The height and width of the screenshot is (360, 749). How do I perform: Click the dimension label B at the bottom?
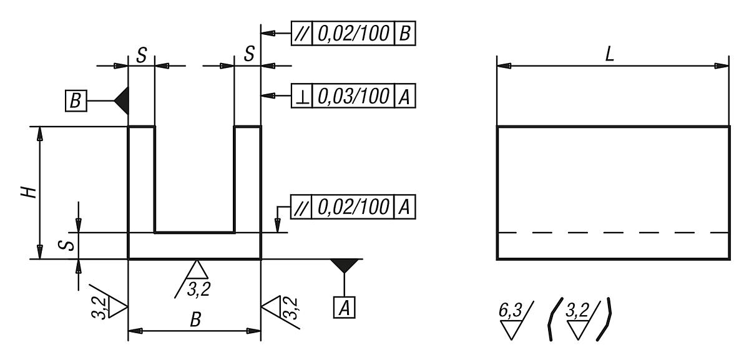(195, 320)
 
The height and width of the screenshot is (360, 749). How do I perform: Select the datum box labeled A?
(345, 307)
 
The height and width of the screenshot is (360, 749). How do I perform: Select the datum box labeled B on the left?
(75, 100)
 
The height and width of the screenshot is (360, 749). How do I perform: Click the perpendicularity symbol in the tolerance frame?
(301, 96)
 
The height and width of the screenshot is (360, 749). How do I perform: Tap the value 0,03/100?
(353, 96)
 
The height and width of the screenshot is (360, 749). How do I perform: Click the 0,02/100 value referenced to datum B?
(353, 33)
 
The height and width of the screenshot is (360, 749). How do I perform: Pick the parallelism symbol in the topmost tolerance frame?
(301, 33)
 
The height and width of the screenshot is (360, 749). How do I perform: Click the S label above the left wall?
(141, 55)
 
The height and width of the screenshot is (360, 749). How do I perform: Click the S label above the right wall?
(249, 55)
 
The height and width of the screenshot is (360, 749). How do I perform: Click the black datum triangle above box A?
(345, 265)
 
